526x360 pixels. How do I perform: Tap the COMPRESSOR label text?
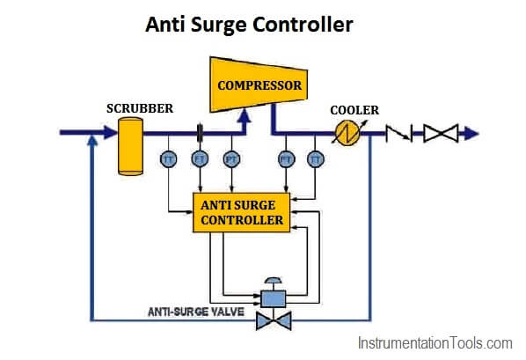point(259,85)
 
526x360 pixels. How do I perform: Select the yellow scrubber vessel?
point(130,146)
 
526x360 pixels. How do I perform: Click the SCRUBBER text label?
point(140,108)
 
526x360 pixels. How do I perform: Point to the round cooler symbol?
point(347,133)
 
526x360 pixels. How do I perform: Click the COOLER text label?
point(354,110)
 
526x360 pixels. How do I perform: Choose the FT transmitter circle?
point(200,158)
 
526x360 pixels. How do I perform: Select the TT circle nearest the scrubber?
point(168,158)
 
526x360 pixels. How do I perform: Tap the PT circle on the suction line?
point(231,158)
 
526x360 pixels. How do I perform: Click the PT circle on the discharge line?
point(287,158)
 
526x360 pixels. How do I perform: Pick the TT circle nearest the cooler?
point(315,158)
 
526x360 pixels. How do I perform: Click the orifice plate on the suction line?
point(200,132)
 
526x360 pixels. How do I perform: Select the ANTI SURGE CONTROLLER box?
point(241,213)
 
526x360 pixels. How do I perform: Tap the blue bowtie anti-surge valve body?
point(274,320)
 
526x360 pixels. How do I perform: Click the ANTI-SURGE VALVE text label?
point(196,312)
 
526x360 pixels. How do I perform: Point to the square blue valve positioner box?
point(274,298)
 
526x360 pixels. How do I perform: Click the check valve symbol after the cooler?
point(398,133)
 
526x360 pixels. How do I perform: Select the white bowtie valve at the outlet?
point(441,133)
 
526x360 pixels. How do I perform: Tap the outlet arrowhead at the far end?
point(471,134)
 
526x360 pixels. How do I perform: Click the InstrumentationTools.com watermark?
point(435,343)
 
